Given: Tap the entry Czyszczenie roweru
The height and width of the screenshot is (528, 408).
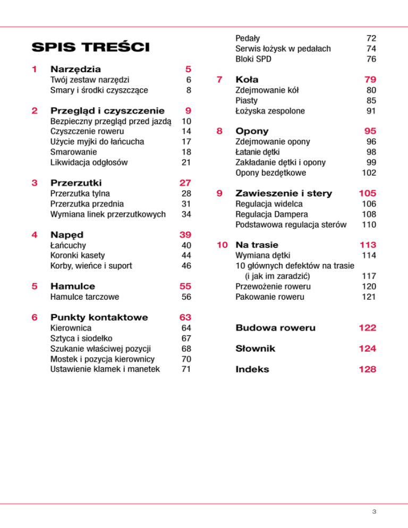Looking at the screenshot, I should [x=87, y=131].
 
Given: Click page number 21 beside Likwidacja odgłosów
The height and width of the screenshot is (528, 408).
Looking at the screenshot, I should [x=186, y=162].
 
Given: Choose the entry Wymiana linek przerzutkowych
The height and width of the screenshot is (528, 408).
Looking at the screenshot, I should [x=107, y=214].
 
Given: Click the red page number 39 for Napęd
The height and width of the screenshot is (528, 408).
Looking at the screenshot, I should [x=185, y=235].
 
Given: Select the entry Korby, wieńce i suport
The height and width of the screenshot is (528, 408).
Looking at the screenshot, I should [x=91, y=266].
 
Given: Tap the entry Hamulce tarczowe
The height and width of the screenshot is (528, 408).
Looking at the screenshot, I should [x=84, y=297].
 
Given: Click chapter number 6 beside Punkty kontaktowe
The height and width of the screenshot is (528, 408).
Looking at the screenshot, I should [x=35, y=318].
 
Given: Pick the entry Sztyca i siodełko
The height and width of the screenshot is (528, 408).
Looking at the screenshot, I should [x=81, y=338].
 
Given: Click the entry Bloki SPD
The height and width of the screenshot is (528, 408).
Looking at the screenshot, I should [x=253, y=59].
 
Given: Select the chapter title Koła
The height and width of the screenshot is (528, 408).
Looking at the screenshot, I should [x=247, y=80].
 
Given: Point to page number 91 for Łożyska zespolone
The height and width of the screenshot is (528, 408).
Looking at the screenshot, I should [x=371, y=110].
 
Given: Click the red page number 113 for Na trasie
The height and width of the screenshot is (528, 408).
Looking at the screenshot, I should [x=367, y=245].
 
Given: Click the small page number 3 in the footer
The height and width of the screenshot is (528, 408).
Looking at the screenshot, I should [x=374, y=512].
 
